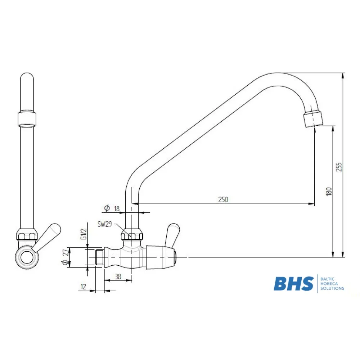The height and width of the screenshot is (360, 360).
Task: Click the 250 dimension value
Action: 223,199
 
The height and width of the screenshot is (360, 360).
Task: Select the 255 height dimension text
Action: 339,167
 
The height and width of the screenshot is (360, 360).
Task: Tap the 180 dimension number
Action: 328,191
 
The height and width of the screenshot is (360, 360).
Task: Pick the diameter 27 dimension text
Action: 66,257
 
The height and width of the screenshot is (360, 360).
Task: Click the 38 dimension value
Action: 117,277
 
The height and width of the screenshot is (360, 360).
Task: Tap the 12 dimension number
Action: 84,287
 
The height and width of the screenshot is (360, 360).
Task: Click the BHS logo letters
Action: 293,284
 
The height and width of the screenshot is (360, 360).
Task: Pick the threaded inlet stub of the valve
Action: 100,257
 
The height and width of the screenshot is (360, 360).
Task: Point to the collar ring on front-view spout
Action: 27,118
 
